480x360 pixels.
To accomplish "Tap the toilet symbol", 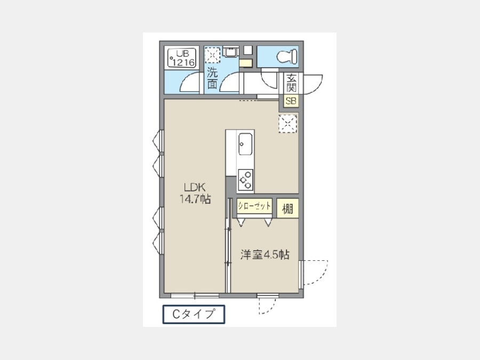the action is (287, 57).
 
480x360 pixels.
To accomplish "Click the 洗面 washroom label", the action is (212, 78).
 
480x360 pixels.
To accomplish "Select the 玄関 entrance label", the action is (291, 83).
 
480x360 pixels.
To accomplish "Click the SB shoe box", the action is (291, 101).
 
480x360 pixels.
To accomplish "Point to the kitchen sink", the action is (245, 144).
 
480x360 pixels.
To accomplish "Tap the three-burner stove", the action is (245, 180).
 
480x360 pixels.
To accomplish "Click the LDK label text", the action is (194, 187).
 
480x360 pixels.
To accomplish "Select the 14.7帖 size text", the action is (195, 199).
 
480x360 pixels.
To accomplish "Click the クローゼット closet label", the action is (254, 206).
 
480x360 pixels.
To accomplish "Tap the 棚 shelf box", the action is (287, 209).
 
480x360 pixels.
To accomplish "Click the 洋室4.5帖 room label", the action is (265, 255).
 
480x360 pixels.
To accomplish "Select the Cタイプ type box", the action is (194, 314).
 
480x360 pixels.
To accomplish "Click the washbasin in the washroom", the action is (231, 51).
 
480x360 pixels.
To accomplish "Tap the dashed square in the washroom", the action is (212, 55).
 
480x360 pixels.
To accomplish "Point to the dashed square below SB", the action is (288, 124).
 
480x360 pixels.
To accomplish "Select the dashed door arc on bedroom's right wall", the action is (322, 276).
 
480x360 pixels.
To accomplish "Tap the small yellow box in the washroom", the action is (245, 63).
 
